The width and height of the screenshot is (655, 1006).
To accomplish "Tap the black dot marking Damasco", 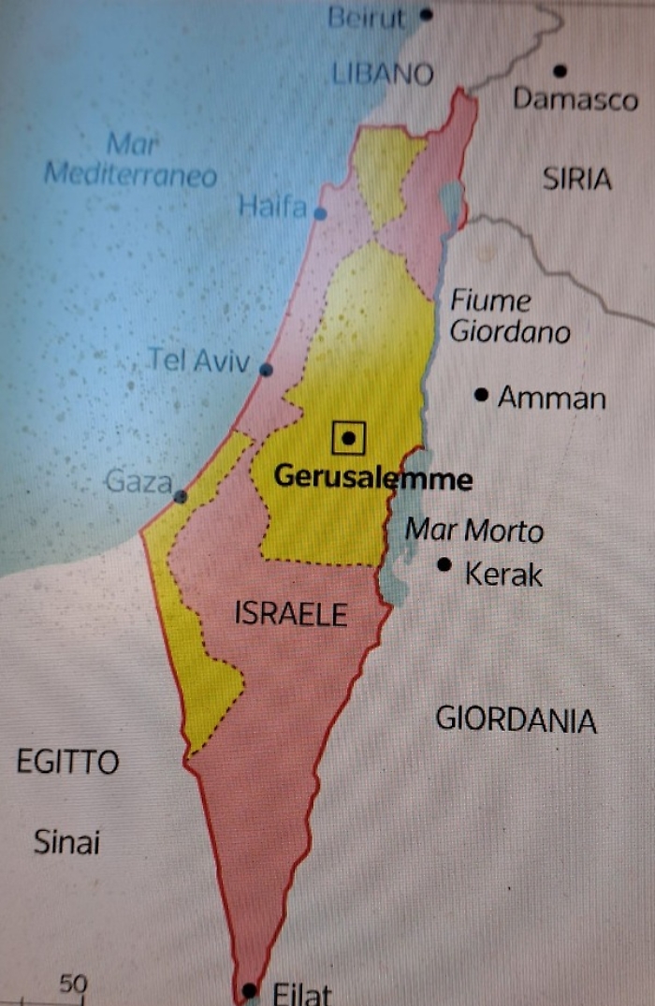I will pos(560,70).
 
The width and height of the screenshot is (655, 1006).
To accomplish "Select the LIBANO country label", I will pos(384,75).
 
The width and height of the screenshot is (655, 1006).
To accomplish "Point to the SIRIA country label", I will pos(576,179).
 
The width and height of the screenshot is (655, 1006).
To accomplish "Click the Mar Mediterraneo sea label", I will pos(131,160).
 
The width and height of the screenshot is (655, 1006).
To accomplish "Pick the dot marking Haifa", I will pos(321,213).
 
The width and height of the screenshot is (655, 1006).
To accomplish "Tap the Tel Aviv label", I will pos(199,360).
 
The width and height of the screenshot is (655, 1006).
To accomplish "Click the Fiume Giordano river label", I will pos(510,316).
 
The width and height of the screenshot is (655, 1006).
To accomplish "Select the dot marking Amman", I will pos(482,395).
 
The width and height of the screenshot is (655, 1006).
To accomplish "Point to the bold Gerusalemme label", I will pos(372,479).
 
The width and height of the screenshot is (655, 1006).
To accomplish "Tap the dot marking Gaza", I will pos(180,497).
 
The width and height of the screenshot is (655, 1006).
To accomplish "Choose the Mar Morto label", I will pos(473,531).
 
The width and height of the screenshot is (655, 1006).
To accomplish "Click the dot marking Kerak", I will pos(444,564).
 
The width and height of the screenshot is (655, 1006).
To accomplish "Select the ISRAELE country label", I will pos(291,614).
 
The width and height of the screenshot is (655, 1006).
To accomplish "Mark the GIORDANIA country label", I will pos(516,720).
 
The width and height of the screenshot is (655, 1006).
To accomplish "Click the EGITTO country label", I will pos(68,762).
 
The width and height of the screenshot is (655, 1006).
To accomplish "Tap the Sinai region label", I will pos(66,842).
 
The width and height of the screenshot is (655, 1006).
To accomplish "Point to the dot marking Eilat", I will pos(249,989).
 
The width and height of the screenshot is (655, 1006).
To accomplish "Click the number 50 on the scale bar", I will pos(73,984).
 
